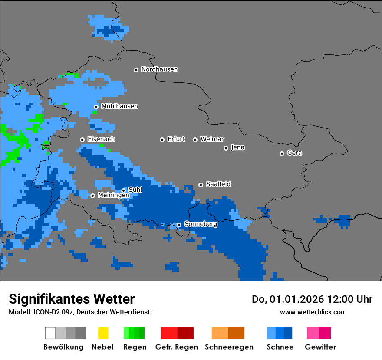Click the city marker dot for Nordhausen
coord(136,70)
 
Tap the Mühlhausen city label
coord(119,106)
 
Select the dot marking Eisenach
coord(82,140)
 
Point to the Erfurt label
coord(176,139)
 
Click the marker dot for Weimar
coord(195,140)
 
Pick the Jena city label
coord(237,147)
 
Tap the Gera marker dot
coord(282,154)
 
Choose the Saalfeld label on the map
coord(218,184)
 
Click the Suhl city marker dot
coord(123,190)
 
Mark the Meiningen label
coord(113,196)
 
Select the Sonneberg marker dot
coord(179,225)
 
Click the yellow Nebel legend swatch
coord(103,333)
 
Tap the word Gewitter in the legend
coord(320,347)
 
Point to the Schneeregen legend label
coord(229,347)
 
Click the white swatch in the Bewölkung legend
coord(50,333)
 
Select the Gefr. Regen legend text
coord(176,347)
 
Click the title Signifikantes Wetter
coord(72,299)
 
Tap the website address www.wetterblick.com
coord(313,312)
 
